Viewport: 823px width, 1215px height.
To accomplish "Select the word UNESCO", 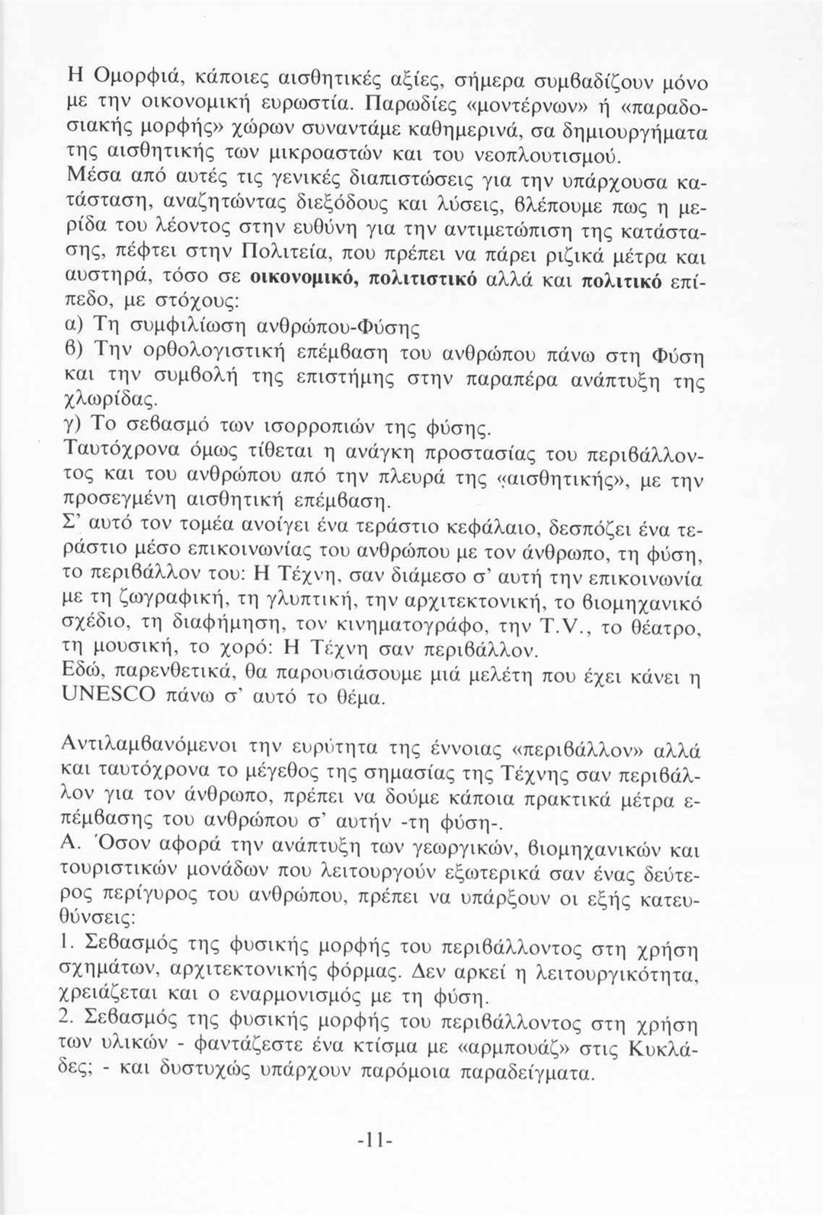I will (109, 695).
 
